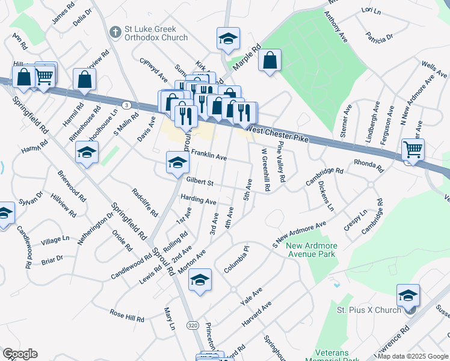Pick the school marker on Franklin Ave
click(177, 162)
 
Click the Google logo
click(20, 354)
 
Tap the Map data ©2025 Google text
click(413, 356)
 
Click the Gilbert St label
click(200, 181)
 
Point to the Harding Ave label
click(198, 200)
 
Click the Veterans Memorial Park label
click(341, 355)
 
